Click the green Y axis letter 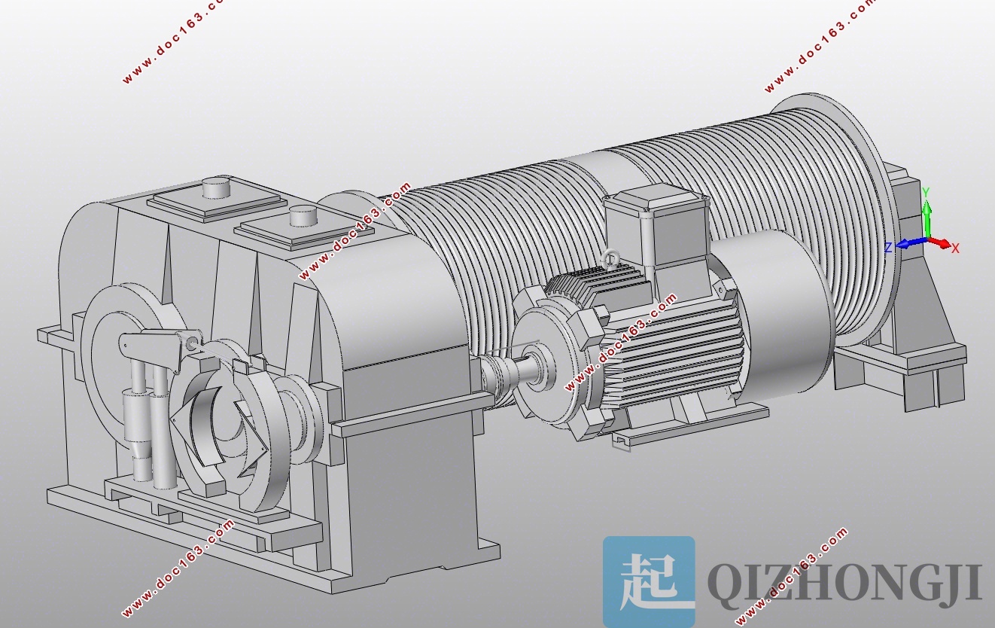pyautogui.click(x=926, y=193)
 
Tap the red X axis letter pyautogui.click(x=955, y=248)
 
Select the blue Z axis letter pyautogui.click(x=888, y=248)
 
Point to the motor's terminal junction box pyautogui.click(x=656, y=226)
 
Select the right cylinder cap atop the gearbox pyautogui.click(x=303, y=216)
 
